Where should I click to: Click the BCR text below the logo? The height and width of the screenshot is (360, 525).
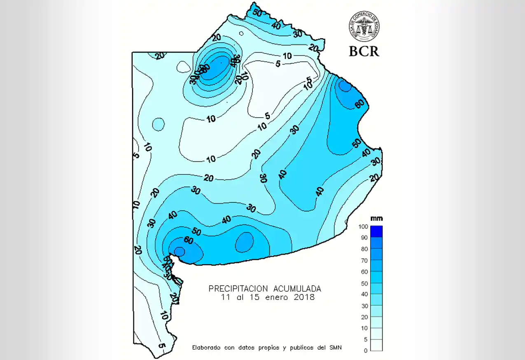pos(364,51)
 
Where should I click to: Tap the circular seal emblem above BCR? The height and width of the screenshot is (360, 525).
pos(364,26)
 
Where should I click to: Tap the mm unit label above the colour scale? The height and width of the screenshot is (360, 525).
pos(376,218)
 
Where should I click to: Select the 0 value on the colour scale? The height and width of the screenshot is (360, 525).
pos(365,351)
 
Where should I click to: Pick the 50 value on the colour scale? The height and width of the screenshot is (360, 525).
pos(364,283)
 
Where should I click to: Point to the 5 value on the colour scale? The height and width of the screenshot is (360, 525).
pos(365,339)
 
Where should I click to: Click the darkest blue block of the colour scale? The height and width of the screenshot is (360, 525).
pos(376,231)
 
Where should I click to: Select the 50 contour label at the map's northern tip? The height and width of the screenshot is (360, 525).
pos(257,12)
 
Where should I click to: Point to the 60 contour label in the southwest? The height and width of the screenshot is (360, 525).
pos(188,240)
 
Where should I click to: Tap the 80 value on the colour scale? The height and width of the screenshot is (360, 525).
pos(364,249)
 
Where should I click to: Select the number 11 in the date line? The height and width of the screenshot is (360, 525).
pos(224,297)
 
